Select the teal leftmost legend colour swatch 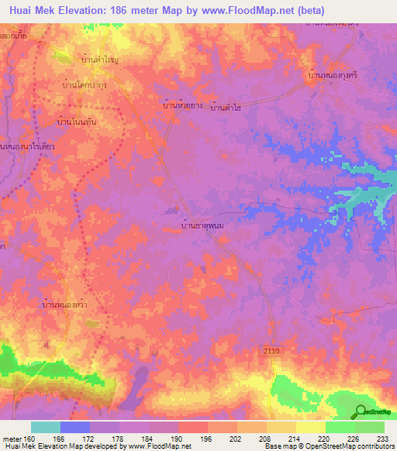45,427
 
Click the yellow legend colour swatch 310,427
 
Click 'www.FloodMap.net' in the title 245,10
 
